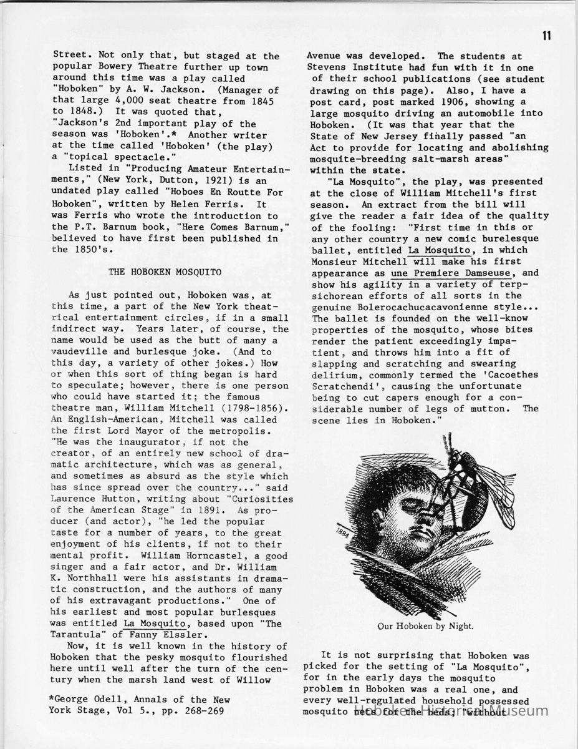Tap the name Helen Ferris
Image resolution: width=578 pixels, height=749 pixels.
click(x=207, y=203)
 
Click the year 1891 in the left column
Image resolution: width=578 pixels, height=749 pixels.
click(x=185, y=510)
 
